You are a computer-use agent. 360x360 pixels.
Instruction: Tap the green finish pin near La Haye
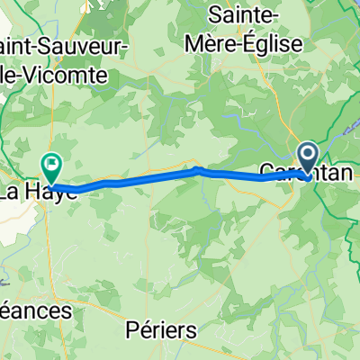pos(51,166)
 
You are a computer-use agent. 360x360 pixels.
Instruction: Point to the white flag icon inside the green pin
pos(51,164)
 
